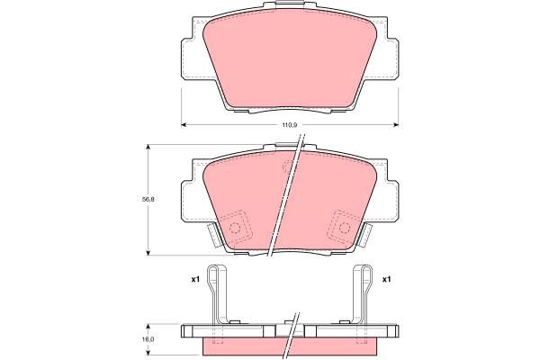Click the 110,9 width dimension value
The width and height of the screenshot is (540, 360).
pos(290,125)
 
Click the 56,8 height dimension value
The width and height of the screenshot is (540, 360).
pos(148,199)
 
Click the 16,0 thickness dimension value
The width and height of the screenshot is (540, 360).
pos(148,339)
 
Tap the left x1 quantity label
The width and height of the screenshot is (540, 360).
pos(195,280)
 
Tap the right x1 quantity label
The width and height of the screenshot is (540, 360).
pos(386,280)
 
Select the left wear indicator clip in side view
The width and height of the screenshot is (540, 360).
pos(217,295)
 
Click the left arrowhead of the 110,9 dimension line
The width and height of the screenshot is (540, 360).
pos(184,125)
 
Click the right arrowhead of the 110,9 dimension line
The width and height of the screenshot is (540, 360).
pos(396,125)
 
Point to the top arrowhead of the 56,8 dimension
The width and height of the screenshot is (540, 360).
pos(148,147)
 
